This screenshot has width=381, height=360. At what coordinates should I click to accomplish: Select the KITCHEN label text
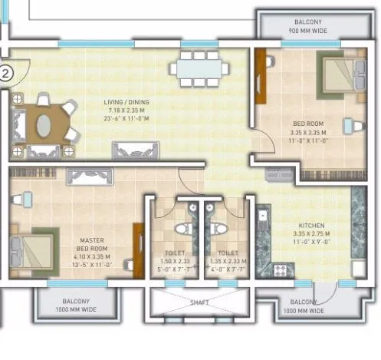pyautogui.click(x=311, y=226)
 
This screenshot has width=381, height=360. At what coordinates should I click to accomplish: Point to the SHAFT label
pyautogui.click(x=198, y=302)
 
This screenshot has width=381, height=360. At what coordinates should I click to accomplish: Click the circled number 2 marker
pyautogui.click(x=6, y=74)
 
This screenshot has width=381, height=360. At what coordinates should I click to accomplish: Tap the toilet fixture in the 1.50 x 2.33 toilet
pyautogui.click(x=180, y=229)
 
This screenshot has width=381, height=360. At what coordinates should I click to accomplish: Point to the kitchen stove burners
pyautogui.click(x=280, y=269)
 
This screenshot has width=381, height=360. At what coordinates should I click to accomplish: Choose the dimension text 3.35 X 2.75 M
pyautogui.click(x=311, y=234)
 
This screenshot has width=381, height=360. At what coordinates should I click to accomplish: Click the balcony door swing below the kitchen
pyautogui.click(x=325, y=292)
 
